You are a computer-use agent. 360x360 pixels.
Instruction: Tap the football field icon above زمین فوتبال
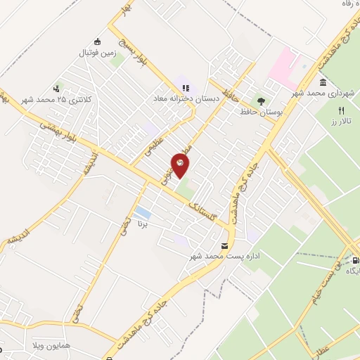[x=96, y=42]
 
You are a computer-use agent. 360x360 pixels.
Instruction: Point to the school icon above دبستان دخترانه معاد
[x=186, y=88]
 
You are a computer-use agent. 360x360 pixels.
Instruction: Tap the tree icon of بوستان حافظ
[x=261, y=101]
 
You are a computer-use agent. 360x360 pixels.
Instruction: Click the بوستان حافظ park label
[x=261, y=112]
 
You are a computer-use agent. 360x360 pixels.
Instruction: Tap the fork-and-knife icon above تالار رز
[x=342, y=110]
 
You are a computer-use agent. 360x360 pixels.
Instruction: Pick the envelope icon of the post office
[x=224, y=246]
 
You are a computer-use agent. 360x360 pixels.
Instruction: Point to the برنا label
[x=143, y=226]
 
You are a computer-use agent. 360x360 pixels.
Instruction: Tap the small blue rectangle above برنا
[x=142, y=212]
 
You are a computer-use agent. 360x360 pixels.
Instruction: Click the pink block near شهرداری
[x=284, y=63]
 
